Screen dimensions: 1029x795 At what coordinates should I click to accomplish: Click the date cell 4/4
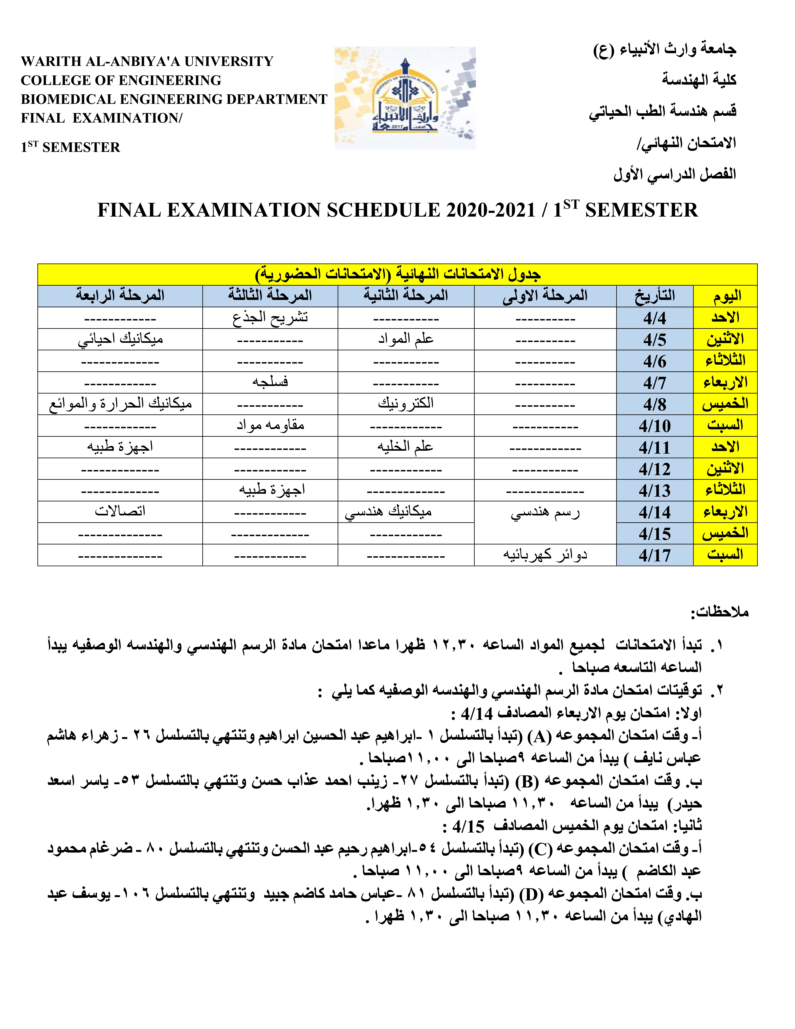(x=655, y=318)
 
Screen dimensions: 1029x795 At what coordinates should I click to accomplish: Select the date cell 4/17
(x=655, y=555)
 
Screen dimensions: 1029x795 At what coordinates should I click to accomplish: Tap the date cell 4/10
(x=655, y=426)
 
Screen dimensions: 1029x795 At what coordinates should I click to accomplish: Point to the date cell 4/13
(x=655, y=490)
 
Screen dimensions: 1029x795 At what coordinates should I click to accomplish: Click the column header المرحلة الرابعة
(x=120, y=296)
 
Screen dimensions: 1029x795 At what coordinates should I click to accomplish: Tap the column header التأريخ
(x=655, y=296)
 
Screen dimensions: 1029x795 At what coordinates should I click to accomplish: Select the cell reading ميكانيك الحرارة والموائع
(x=120, y=404)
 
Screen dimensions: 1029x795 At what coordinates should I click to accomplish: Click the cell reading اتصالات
(x=120, y=512)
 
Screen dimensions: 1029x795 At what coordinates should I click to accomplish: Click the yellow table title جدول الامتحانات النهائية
(x=397, y=274)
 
